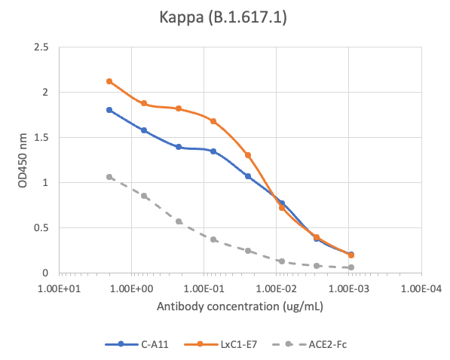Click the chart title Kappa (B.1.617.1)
[225, 16]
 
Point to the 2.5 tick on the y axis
[42, 47]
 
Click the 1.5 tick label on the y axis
[42, 138]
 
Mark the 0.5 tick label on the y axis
[42, 228]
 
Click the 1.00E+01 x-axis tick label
[59, 288]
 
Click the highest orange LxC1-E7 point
[109, 81]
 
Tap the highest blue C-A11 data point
[109, 110]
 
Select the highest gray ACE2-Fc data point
[109, 177]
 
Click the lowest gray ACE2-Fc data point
[351, 267]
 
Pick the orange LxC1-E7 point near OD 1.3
[248, 155]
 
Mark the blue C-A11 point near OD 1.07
[248, 176]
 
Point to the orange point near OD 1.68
[213, 121]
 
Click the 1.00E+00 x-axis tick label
[131, 288]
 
